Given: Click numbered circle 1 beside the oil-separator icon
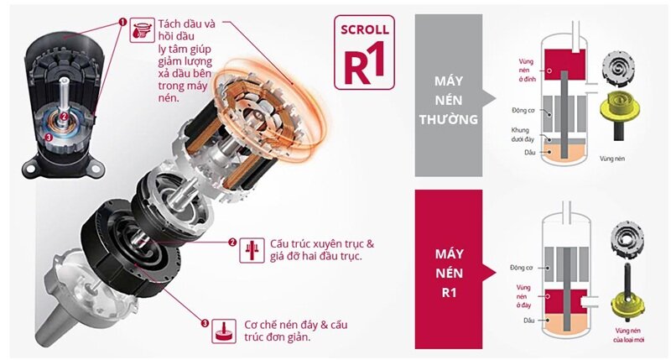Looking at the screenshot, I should [x=123, y=22].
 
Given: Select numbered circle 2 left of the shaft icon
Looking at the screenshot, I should [x=231, y=243].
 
